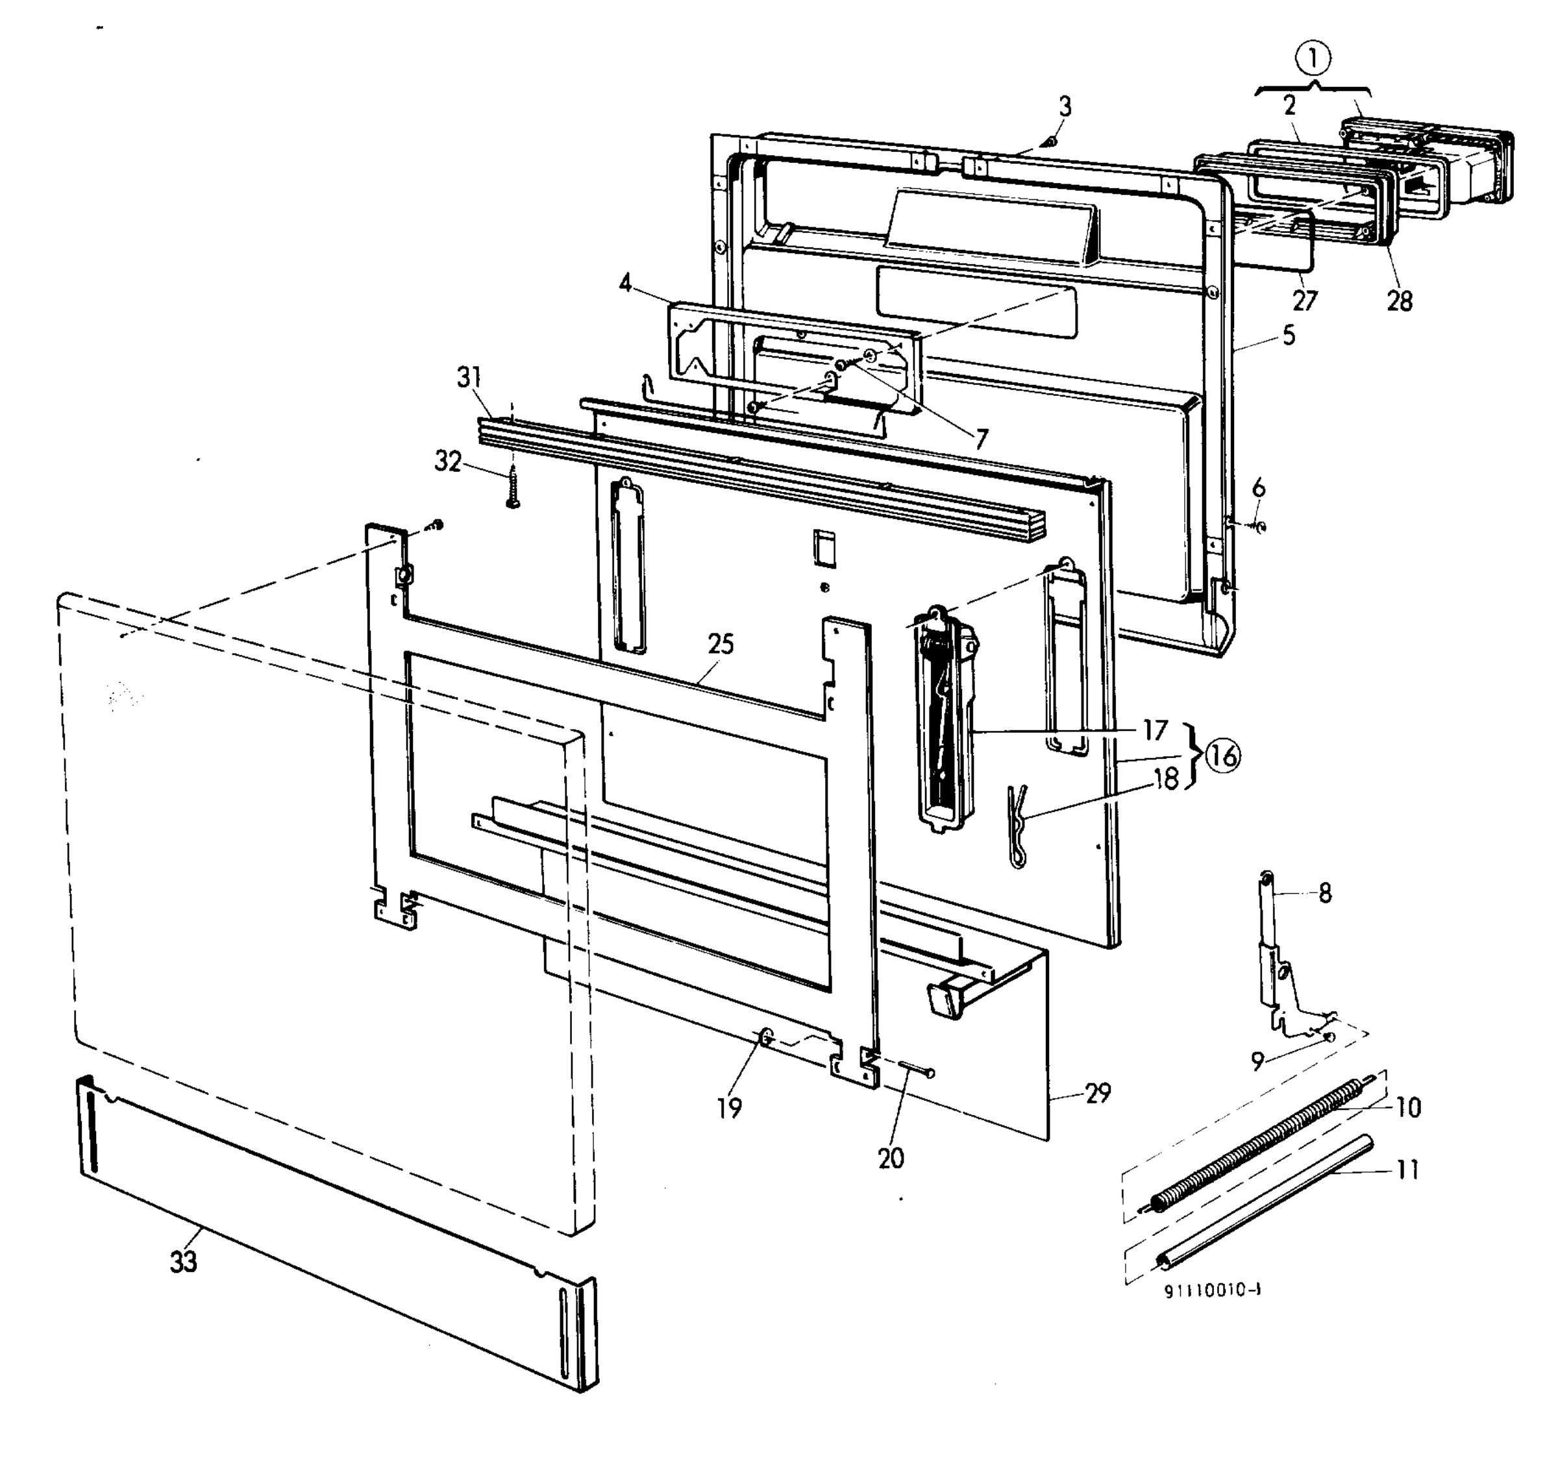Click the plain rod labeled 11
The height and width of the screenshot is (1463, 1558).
point(1266,1211)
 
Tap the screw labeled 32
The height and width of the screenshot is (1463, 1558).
point(513,487)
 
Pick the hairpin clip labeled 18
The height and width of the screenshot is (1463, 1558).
point(1017,826)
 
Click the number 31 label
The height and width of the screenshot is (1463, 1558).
point(469,378)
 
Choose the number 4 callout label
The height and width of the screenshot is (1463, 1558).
point(625,283)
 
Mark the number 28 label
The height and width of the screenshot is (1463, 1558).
point(1400,301)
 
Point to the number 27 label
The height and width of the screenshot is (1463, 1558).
point(1305,300)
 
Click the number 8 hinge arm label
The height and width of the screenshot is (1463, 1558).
point(1324,893)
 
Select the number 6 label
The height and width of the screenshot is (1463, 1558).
point(1259,487)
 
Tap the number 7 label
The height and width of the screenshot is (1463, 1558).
point(981,439)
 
